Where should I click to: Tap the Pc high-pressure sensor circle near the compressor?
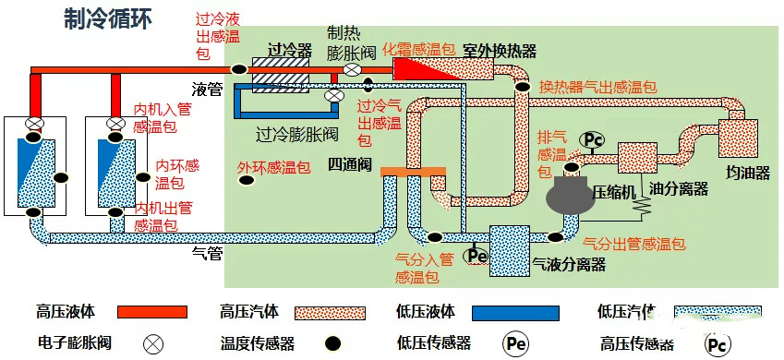coord(590,139)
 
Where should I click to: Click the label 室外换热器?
coord(500,50)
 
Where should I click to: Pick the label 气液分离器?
coord(569,264)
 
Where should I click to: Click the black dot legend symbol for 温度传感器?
coord(332,343)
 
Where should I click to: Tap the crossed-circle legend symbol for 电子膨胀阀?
coord(151,343)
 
